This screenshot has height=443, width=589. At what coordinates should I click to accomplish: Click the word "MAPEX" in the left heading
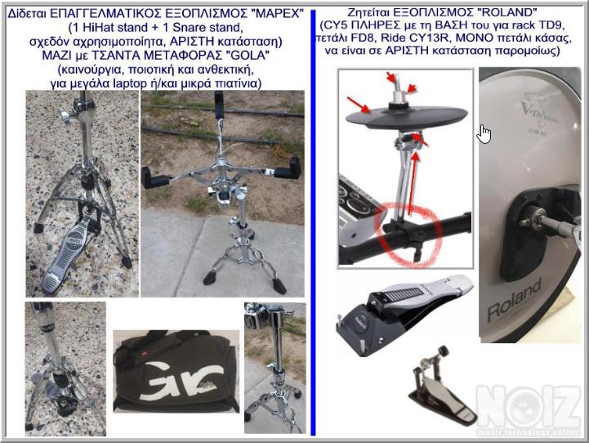279,14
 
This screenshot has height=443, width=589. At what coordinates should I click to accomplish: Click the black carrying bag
176,372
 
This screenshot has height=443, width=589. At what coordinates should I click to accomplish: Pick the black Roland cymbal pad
407,117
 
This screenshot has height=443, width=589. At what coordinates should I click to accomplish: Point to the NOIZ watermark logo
529,409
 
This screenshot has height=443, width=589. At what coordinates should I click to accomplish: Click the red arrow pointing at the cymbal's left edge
359,105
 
